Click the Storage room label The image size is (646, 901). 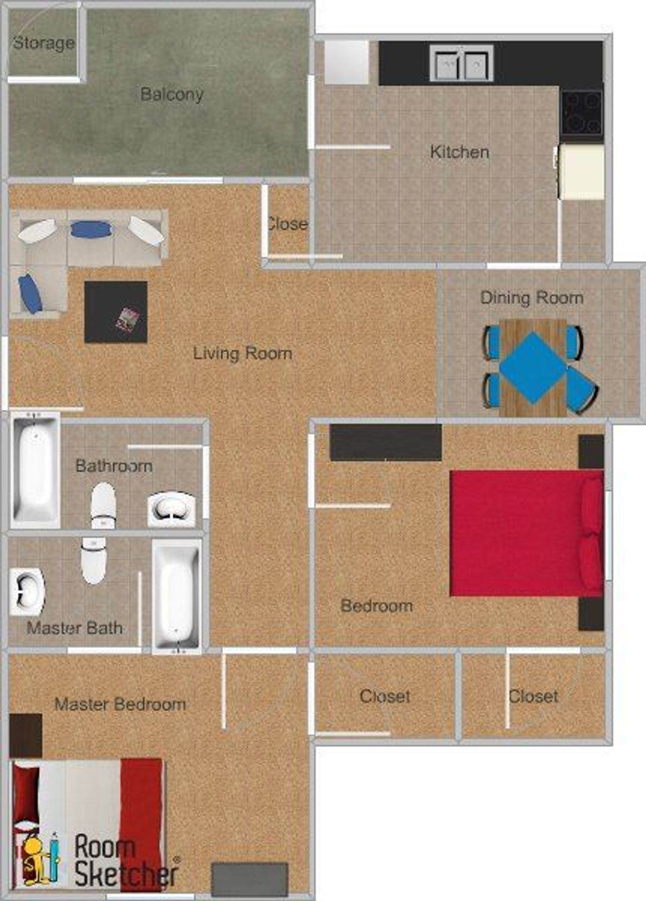coord(44,43)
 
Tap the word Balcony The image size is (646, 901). coord(172,94)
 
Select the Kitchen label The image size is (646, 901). coord(460,152)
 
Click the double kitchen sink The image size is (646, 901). coord(461,63)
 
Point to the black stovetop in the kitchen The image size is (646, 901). coord(582,113)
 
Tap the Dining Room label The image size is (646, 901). coord(531,298)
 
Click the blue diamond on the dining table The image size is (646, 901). coord(532,367)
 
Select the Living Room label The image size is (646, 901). coord(243,353)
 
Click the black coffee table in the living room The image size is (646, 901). coord(115,312)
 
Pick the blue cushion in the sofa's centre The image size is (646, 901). coord(92,229)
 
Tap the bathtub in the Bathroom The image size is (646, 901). coord(35,471)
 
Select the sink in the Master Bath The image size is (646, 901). coord(27,592)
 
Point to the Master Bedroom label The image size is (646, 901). coord(120,704)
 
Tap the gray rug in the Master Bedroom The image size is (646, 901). coord(249,879)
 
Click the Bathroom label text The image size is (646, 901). coord(114,466)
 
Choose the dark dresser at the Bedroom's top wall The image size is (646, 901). coord(385,442)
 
